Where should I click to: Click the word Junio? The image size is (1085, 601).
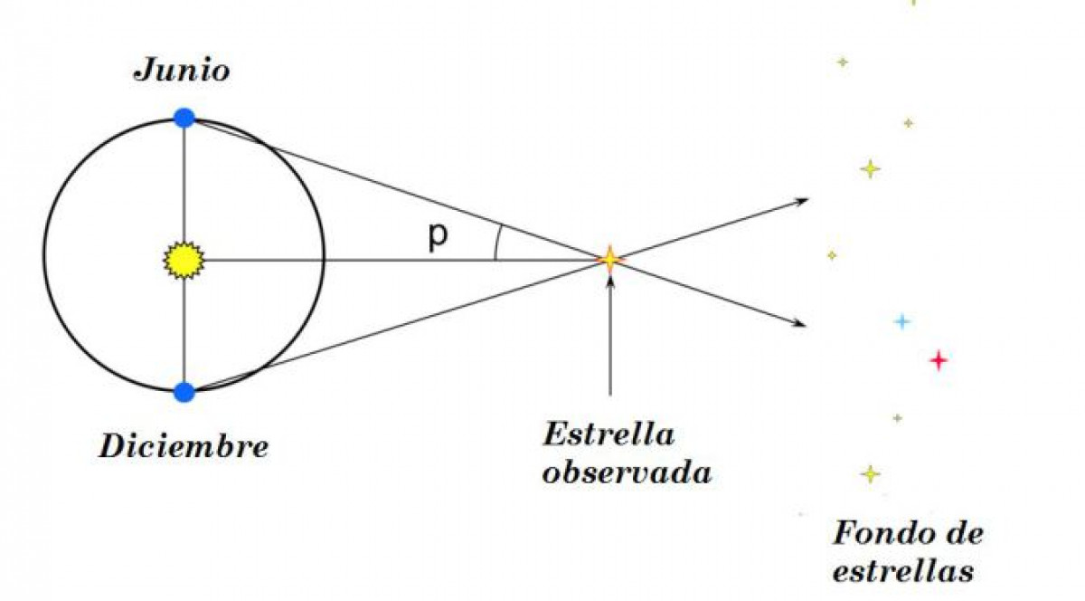tap(182, 71)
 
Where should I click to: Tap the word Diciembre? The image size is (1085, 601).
tap(184, 446)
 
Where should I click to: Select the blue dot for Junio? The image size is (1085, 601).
tap(184, 119)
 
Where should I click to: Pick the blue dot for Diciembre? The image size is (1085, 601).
tap(184, 392)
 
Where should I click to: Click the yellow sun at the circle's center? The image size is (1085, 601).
tap(184, 261)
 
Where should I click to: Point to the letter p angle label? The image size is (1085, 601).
tap(438, 237)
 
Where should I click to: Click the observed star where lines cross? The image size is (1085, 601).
tap(609, 260)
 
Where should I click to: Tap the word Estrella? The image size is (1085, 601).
tap(609, 434)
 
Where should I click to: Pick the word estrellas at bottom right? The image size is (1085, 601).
tap(903, 571)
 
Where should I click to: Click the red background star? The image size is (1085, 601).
tap(939, 360)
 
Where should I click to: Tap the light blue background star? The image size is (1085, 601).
tap(902, 321)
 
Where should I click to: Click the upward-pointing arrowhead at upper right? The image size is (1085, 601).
tap(802, 201)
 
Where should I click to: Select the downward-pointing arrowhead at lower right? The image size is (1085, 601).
tap(799, 323)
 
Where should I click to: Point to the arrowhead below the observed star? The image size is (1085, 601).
tap(609, 282)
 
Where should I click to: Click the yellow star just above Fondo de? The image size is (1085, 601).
tap(871, 474)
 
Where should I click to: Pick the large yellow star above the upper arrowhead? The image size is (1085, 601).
tap(871, 169)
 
